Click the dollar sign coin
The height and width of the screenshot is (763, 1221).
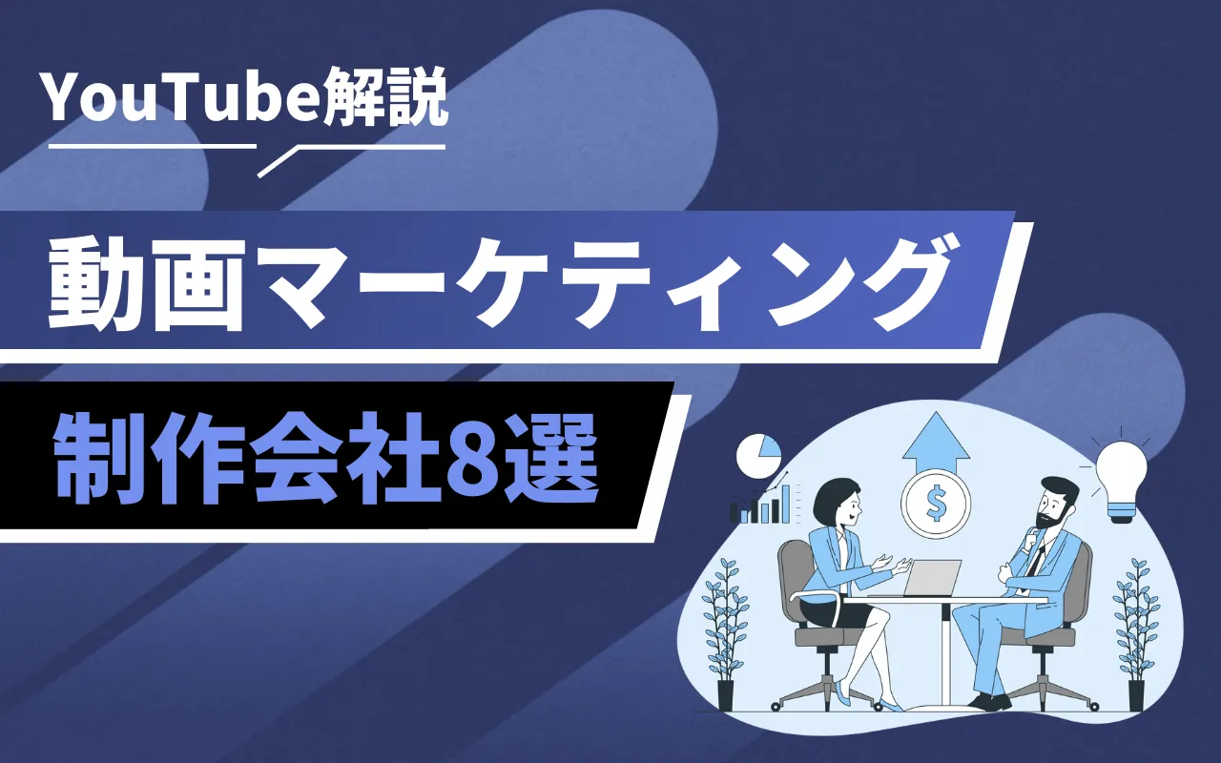click(936, 505)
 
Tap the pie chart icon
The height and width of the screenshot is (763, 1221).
click(758, 456)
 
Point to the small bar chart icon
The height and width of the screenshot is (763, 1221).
click(763, 505)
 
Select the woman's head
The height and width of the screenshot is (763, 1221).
click(838, 505)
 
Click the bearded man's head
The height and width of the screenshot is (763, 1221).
click(1054, 502)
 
